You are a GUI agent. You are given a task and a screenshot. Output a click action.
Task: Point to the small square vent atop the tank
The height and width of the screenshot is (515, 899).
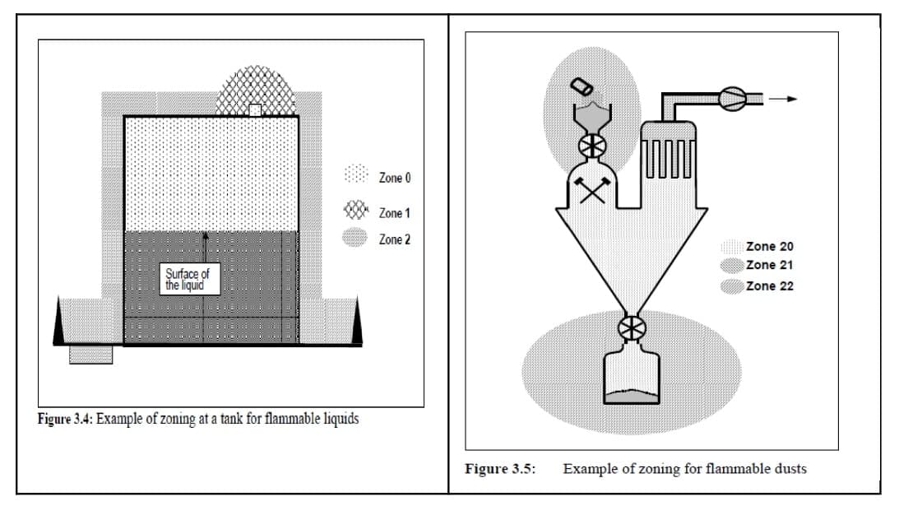[255, 110]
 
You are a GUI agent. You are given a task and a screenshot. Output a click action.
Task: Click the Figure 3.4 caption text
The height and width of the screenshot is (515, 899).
[198, 418]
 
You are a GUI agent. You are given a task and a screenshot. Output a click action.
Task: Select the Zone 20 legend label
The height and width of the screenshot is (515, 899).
[770, 246]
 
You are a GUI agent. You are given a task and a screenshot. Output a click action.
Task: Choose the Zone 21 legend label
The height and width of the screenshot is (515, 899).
[770, 265]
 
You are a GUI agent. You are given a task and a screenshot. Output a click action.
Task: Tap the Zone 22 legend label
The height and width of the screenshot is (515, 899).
[770, 286]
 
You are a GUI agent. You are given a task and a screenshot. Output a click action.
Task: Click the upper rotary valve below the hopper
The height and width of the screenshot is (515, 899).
[591, 146]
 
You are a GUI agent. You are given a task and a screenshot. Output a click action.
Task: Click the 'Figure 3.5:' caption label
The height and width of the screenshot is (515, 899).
[500, 469]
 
